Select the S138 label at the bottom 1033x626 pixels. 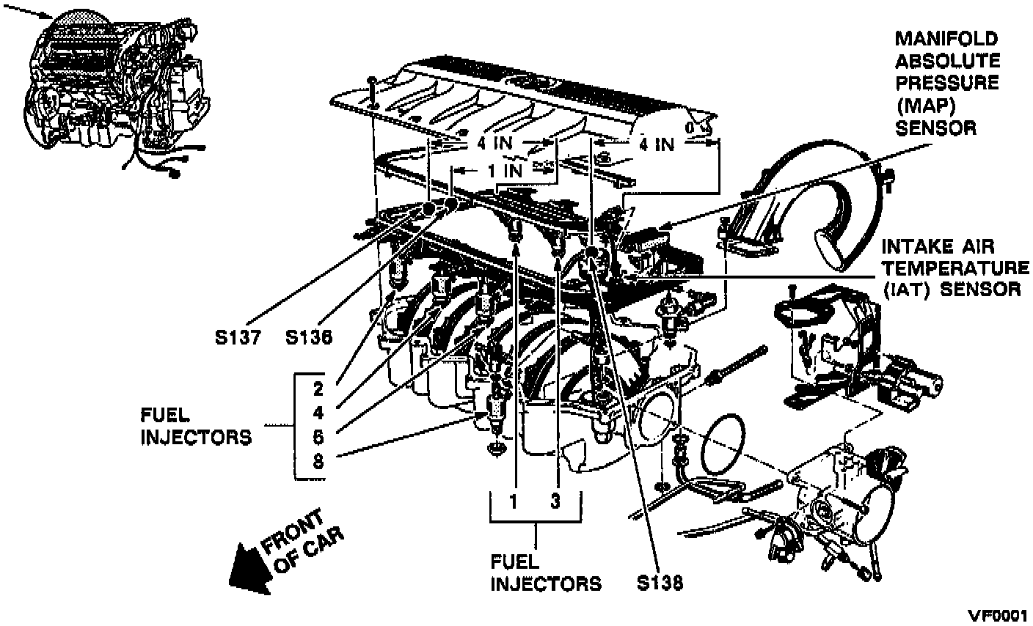pos(660,583)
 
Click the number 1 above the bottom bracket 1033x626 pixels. pos(515,502)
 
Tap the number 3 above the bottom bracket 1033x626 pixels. pos(557,502)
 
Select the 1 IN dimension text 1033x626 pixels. pos(505,172)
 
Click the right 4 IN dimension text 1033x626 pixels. pos(655,144)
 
